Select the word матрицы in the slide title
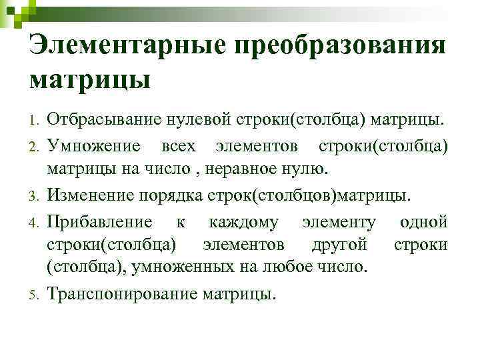[x=90, y=80]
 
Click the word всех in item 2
[x=179, y=145]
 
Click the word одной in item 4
[x=423, y=222]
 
